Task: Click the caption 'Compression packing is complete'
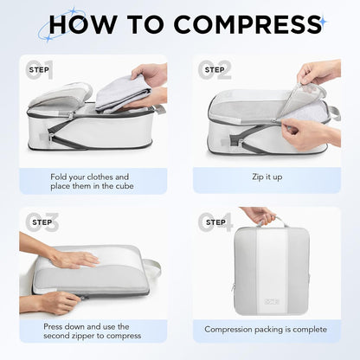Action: [x=266, y=329]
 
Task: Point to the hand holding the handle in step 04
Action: [x=258, y=214]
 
